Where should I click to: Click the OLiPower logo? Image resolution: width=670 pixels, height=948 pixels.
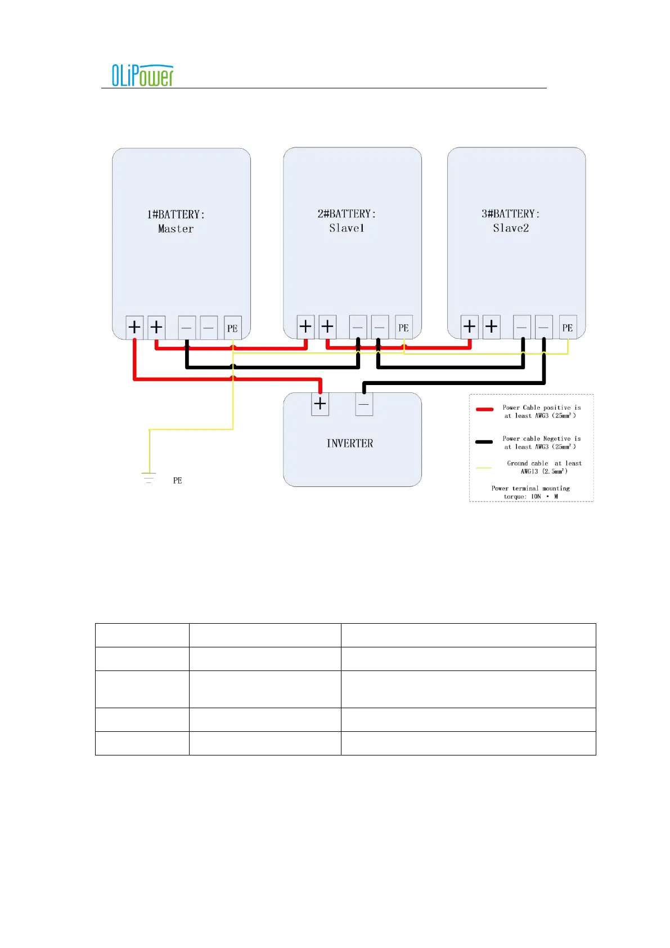click(142, 75)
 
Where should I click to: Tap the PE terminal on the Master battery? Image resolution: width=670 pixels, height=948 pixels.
click(232, 328)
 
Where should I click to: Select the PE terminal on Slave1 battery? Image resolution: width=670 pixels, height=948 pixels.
click(403, 327)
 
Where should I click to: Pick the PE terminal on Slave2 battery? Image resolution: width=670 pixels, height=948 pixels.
click(568, 327)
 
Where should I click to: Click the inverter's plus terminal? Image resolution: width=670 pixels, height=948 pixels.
click(320, 404)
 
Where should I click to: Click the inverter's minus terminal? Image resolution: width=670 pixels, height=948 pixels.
click(364, 404)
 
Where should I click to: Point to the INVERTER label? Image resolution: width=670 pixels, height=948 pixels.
click(350, 444)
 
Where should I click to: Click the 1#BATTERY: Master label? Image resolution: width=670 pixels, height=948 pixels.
click(176, 221)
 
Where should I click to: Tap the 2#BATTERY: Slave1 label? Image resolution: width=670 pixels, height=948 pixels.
click(347, 221)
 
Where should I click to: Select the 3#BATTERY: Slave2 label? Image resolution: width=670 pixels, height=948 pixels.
click(511, 221)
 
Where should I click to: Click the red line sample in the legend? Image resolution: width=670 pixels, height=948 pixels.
click(484, 409)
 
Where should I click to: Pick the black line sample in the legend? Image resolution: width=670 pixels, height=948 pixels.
click(484, 442)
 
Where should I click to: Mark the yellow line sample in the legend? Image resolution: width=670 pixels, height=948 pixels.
click(484, 468)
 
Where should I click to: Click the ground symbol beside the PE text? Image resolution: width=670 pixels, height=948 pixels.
click(149, 478)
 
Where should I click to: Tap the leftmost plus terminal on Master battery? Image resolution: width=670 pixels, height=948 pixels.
click(134, 327)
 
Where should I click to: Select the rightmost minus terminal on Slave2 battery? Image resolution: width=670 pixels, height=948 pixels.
click(543, 327)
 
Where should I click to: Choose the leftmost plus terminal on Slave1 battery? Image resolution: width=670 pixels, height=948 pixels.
click(305, 326)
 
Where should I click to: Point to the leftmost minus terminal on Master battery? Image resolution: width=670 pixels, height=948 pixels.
click(187, 328)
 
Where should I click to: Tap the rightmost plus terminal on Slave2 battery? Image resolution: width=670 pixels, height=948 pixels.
click(491, 326)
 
